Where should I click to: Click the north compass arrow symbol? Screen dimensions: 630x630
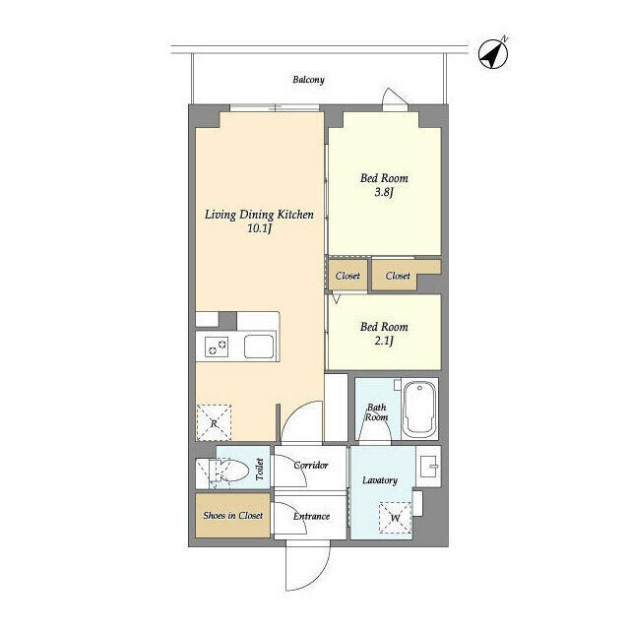(493, 54)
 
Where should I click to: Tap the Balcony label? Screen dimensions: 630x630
(308, 80)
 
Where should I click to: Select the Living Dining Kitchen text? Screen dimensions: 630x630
(259, 214)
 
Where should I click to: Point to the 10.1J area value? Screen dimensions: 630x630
(259, 228)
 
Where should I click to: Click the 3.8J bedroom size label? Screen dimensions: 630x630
(383, 193)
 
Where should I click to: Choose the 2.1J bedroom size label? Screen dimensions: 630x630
(383, 342)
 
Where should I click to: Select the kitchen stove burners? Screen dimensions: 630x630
(217, 346)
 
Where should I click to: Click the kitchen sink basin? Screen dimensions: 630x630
(259, 346)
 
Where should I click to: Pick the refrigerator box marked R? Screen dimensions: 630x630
(215, 421)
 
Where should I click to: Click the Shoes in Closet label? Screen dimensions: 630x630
(232, 516)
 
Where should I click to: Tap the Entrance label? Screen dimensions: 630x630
(310, 516)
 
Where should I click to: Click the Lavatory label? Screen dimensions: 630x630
(380, 480)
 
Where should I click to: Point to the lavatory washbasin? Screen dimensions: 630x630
(428, 466)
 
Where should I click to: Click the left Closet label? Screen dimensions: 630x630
(347, 276)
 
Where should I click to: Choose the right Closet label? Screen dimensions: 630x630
(398, 276)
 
